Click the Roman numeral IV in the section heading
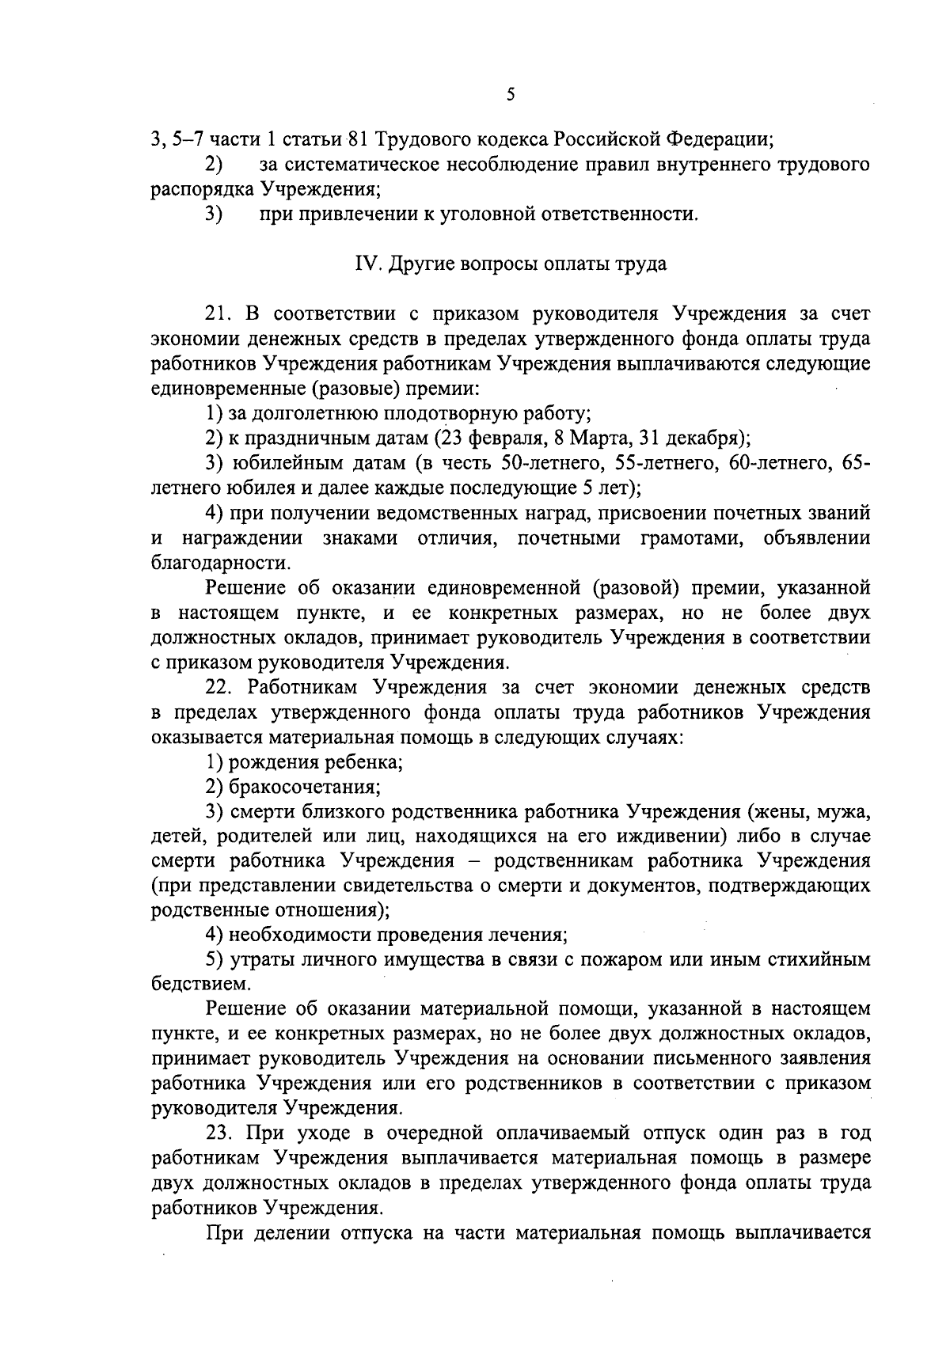[x=364, y=264]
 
